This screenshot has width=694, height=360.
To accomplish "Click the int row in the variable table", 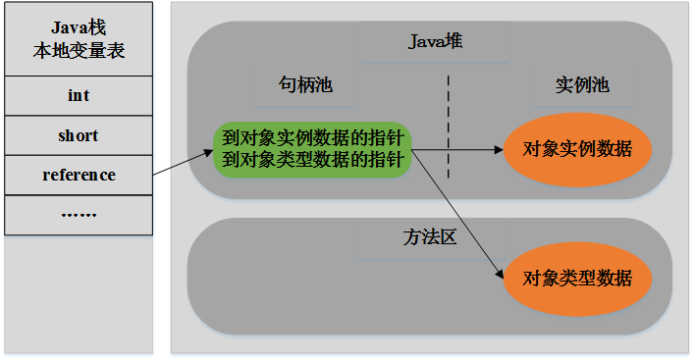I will [79, 96].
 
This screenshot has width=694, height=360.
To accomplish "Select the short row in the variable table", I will [79, 135].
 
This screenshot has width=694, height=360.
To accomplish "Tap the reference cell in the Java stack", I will [79, 175].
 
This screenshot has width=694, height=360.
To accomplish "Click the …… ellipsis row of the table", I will [79, 213].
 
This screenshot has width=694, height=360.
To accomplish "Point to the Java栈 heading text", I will [79, 29].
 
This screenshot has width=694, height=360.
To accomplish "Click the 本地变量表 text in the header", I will [79, 51].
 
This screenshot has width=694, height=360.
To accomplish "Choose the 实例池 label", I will [582, 86].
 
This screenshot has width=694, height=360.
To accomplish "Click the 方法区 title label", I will [430, 238].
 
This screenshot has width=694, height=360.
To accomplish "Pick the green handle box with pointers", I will [312, 149].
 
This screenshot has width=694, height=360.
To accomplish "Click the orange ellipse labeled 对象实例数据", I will [577, 150].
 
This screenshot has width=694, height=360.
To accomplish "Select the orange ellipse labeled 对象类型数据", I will [577, 277].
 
